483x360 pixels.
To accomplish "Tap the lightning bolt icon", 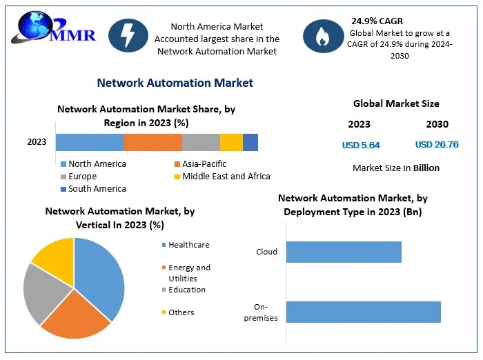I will [x=129, y=34].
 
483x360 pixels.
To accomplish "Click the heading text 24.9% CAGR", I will [x=377, y=21].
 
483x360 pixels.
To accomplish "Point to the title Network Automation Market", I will [x=175, y=83].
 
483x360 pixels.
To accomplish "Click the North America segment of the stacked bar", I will [x=90, y=142].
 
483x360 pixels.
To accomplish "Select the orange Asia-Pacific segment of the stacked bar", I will [x=152, y=142].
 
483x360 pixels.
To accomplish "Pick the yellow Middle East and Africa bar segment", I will [x=231, y=142].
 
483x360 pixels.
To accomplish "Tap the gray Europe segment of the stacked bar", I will [x=201, y=142].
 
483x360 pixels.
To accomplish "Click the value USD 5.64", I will [x=361, y=146].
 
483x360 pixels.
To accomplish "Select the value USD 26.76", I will [x=437, y=145].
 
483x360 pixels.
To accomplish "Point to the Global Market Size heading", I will [x=396, y=103].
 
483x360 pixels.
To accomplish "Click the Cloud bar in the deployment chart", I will [x=344, y=252].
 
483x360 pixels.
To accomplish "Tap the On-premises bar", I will [x=363, y=312].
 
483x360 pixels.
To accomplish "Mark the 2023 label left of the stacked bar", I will [x=37, y=142].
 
